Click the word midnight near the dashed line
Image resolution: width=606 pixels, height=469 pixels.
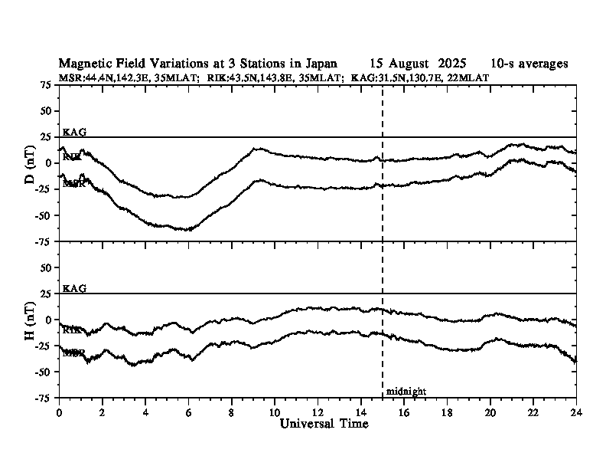tap(406, 392)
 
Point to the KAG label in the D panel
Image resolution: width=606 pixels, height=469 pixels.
tap(74, 132)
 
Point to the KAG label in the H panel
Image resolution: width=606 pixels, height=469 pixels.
tap(74, 288)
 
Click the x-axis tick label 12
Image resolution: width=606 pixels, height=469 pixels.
tap(318, 412)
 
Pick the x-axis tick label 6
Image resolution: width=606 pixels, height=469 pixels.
tap(188, 412)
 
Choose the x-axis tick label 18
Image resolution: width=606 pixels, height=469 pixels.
tap(447, 412)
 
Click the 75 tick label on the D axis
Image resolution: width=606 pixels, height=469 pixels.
tap(46, 85)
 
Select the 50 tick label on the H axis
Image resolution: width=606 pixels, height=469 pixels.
tap(46, 267)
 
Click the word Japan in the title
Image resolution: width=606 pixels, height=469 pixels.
tap(320, 64)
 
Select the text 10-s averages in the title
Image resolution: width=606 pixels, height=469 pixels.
tap(529, 64)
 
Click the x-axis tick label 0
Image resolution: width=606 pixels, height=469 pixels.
tap(59, 412)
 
